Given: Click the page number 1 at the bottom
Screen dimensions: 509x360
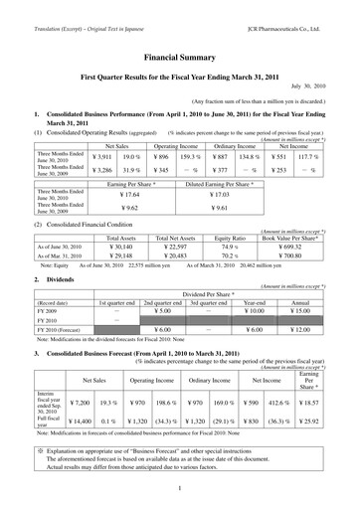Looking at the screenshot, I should [x=179, y=488].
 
